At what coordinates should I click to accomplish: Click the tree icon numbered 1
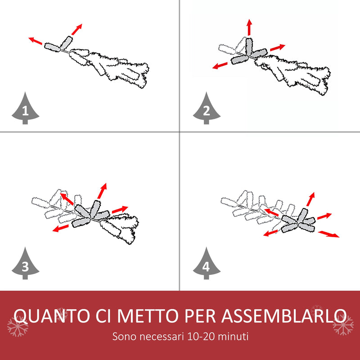pos(25,109)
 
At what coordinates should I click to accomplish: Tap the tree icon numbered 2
pos(207,109)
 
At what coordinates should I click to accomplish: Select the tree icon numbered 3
pos(25,264)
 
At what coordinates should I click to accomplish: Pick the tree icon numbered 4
pos(207,264)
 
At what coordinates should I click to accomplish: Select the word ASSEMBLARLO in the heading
pos(284,316)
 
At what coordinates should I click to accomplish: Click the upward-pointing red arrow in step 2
pos(249,27)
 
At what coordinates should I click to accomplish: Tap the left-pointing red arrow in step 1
pos(36,40)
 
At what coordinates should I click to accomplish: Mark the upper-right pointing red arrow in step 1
pos(76,29)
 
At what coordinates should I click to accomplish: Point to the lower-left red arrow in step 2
pos(220,65)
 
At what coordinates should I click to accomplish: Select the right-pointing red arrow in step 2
pos(278,47)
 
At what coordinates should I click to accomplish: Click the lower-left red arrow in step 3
pos(60,228)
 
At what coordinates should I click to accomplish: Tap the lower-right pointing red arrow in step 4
pos(328,234)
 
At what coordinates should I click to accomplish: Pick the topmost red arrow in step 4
pos(310,199)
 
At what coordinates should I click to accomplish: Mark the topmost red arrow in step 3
pos(102,191)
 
